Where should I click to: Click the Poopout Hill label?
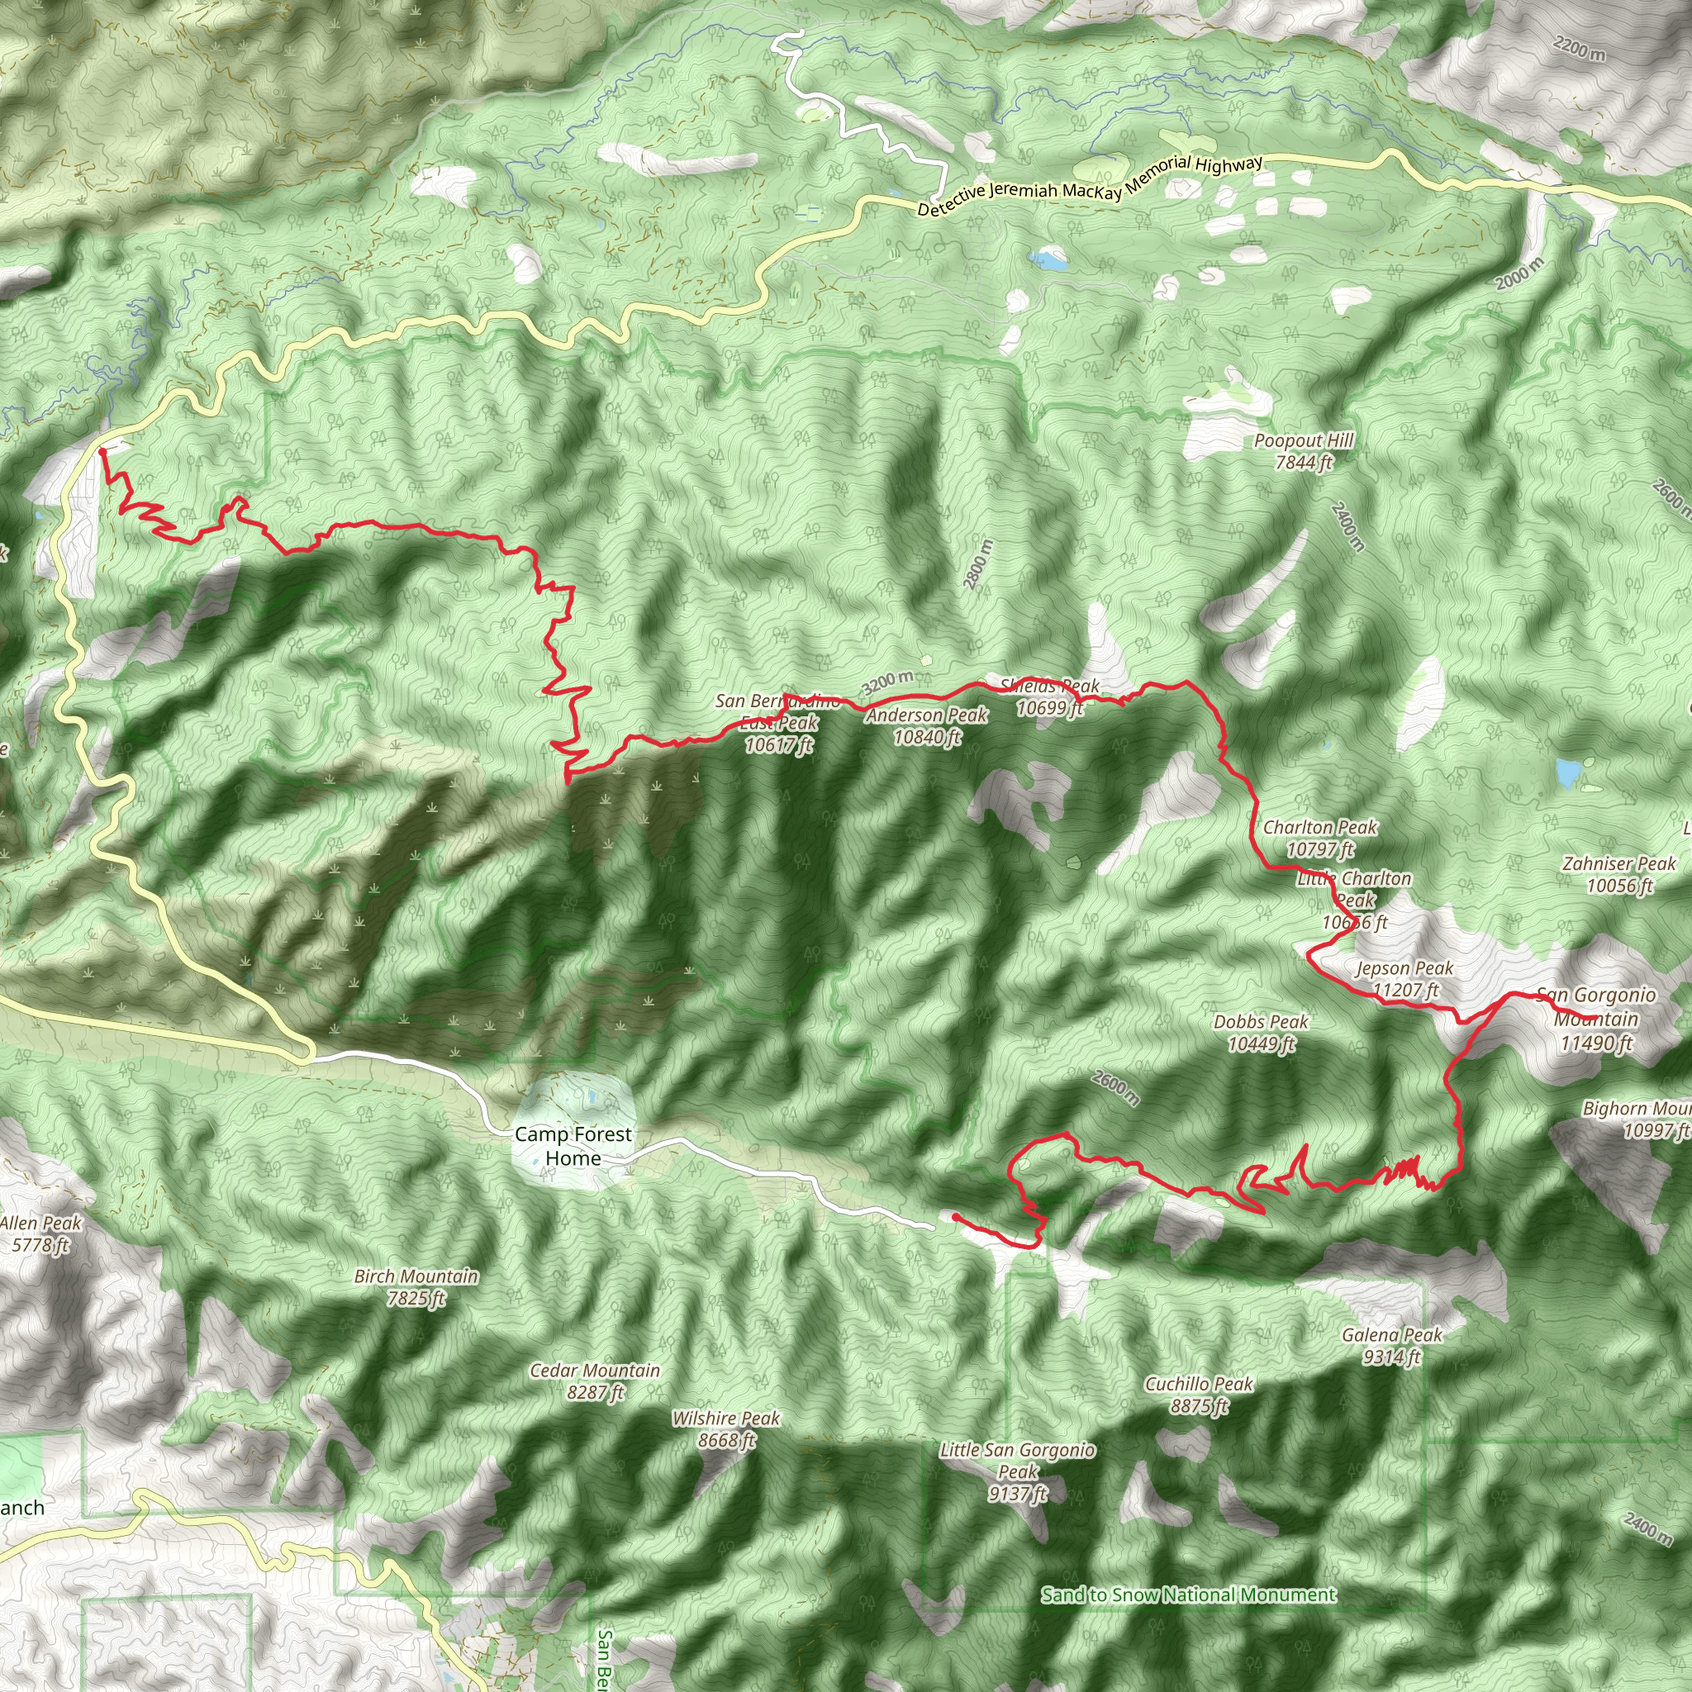click(x=1303, y=451)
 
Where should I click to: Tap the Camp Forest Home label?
click(x=573, y=1146)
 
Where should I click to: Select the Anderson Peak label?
click(x=927, y=726)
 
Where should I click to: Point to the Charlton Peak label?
click(x=1319, y=837)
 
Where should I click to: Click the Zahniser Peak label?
click(x=1619, y=874)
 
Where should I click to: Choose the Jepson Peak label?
click(x=1404, y=978)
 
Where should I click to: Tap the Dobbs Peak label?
click(x=1261, y=1032)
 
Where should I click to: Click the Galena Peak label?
click(x=1391, y=1345)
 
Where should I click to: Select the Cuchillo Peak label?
click(x=1199, y=1395)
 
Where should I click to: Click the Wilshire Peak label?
click(x=726, y=1428)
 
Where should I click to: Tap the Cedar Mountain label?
click(x=596, y=1381)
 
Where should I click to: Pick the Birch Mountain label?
click(x=416, y=1286)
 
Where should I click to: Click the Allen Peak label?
click(x=40, y=1233)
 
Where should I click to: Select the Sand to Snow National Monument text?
click(x=1188, y=1595)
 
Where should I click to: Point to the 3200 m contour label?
click(x=887, y=682)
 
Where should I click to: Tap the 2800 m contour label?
click(x=978, y=564)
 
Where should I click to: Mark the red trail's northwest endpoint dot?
click(x=102, y=451)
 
